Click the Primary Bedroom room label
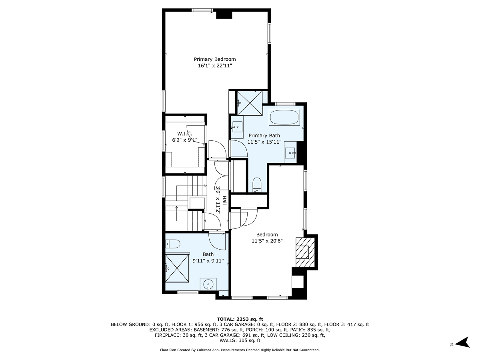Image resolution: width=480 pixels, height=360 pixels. pos(215,59)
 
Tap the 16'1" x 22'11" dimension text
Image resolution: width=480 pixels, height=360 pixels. pos(215,66)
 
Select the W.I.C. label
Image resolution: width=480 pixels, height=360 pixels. pos(184,134)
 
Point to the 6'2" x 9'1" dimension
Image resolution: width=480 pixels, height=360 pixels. pos(184,140)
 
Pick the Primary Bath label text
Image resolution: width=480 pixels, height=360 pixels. pos(264,136)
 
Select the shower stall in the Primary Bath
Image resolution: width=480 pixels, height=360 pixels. pos(250,103)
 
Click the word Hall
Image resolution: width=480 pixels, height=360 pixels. pos(224,201)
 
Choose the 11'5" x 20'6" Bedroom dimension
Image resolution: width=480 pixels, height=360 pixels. pos(267,241)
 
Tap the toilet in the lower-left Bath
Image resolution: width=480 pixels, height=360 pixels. pos(173,244)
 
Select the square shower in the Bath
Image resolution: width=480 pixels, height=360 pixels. pos(177,267)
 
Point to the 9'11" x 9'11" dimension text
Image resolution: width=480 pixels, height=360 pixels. pos(208,261)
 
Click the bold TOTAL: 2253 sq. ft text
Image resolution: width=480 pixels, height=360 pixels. pos(240,319)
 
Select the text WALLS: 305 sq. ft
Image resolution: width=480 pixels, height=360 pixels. pos(240,341)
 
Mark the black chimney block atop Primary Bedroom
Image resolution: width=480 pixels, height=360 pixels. pos(224,14)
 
